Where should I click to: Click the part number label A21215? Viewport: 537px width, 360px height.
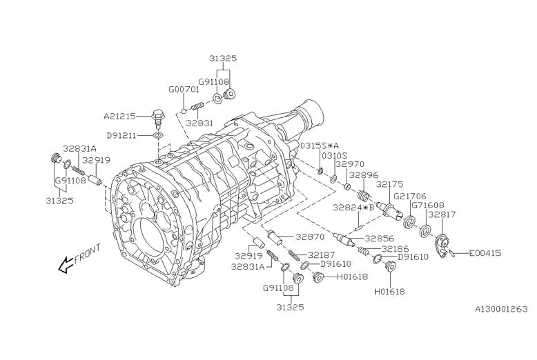click(119, 116)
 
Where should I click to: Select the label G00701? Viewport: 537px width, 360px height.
click(184, 90)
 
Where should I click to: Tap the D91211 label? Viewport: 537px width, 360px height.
click(122, 134)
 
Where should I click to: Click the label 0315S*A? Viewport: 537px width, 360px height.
click(319, 146)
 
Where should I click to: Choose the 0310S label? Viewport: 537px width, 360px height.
click(334, 156)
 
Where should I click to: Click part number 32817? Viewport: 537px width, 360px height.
click(442, 214)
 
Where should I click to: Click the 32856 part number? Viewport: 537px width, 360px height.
click(380, 239)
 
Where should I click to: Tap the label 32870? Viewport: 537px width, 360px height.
click(311, 237)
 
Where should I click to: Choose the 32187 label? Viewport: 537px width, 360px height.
click(322, 254)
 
